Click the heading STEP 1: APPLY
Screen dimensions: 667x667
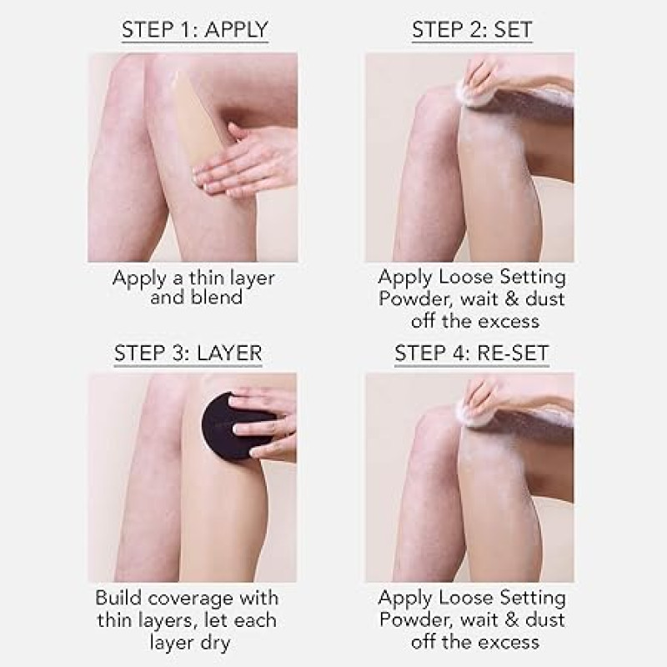point(195,29)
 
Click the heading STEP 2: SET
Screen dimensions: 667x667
point(472,29)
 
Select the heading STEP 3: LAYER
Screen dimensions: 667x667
point(188,353)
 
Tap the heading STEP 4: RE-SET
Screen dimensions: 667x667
point(472,353)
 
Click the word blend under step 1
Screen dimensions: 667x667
point(217,297)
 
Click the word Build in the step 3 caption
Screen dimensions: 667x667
point(118,598)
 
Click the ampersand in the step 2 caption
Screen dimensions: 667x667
point(512,298)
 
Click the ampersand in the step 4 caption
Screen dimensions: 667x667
point(512,619)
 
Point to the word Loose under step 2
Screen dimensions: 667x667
point(466,277)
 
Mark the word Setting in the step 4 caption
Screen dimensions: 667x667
point(533,598)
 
